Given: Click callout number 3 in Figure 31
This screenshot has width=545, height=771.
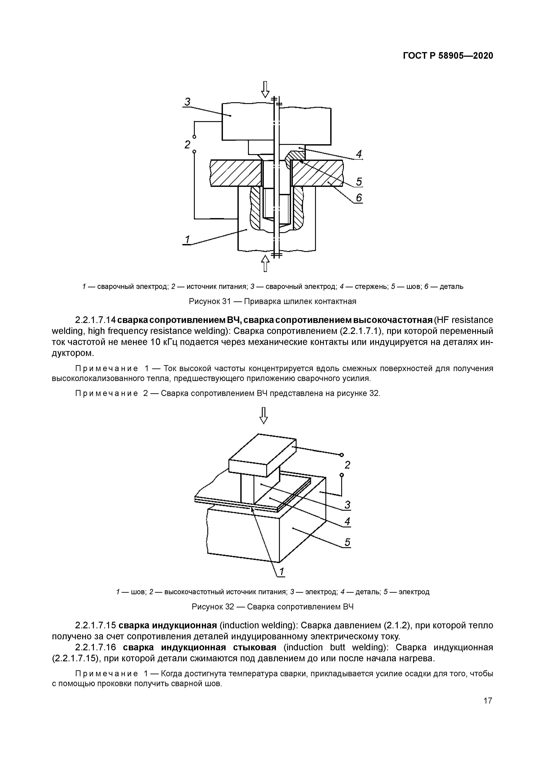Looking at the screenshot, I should pyautogui.click(x=187, y=101).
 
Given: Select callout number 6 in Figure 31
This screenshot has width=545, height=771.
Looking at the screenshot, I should pyautogui.click(x=359, y=198).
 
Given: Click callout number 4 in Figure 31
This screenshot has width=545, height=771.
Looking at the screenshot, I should pyautogui.click(x=359, y=154).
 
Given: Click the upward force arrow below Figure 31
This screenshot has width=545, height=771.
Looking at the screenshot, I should pyautogui.click(x=265, y=263).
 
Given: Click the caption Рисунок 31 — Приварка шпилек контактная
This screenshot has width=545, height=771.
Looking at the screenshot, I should pyautogui.click(x=272, y=301).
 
